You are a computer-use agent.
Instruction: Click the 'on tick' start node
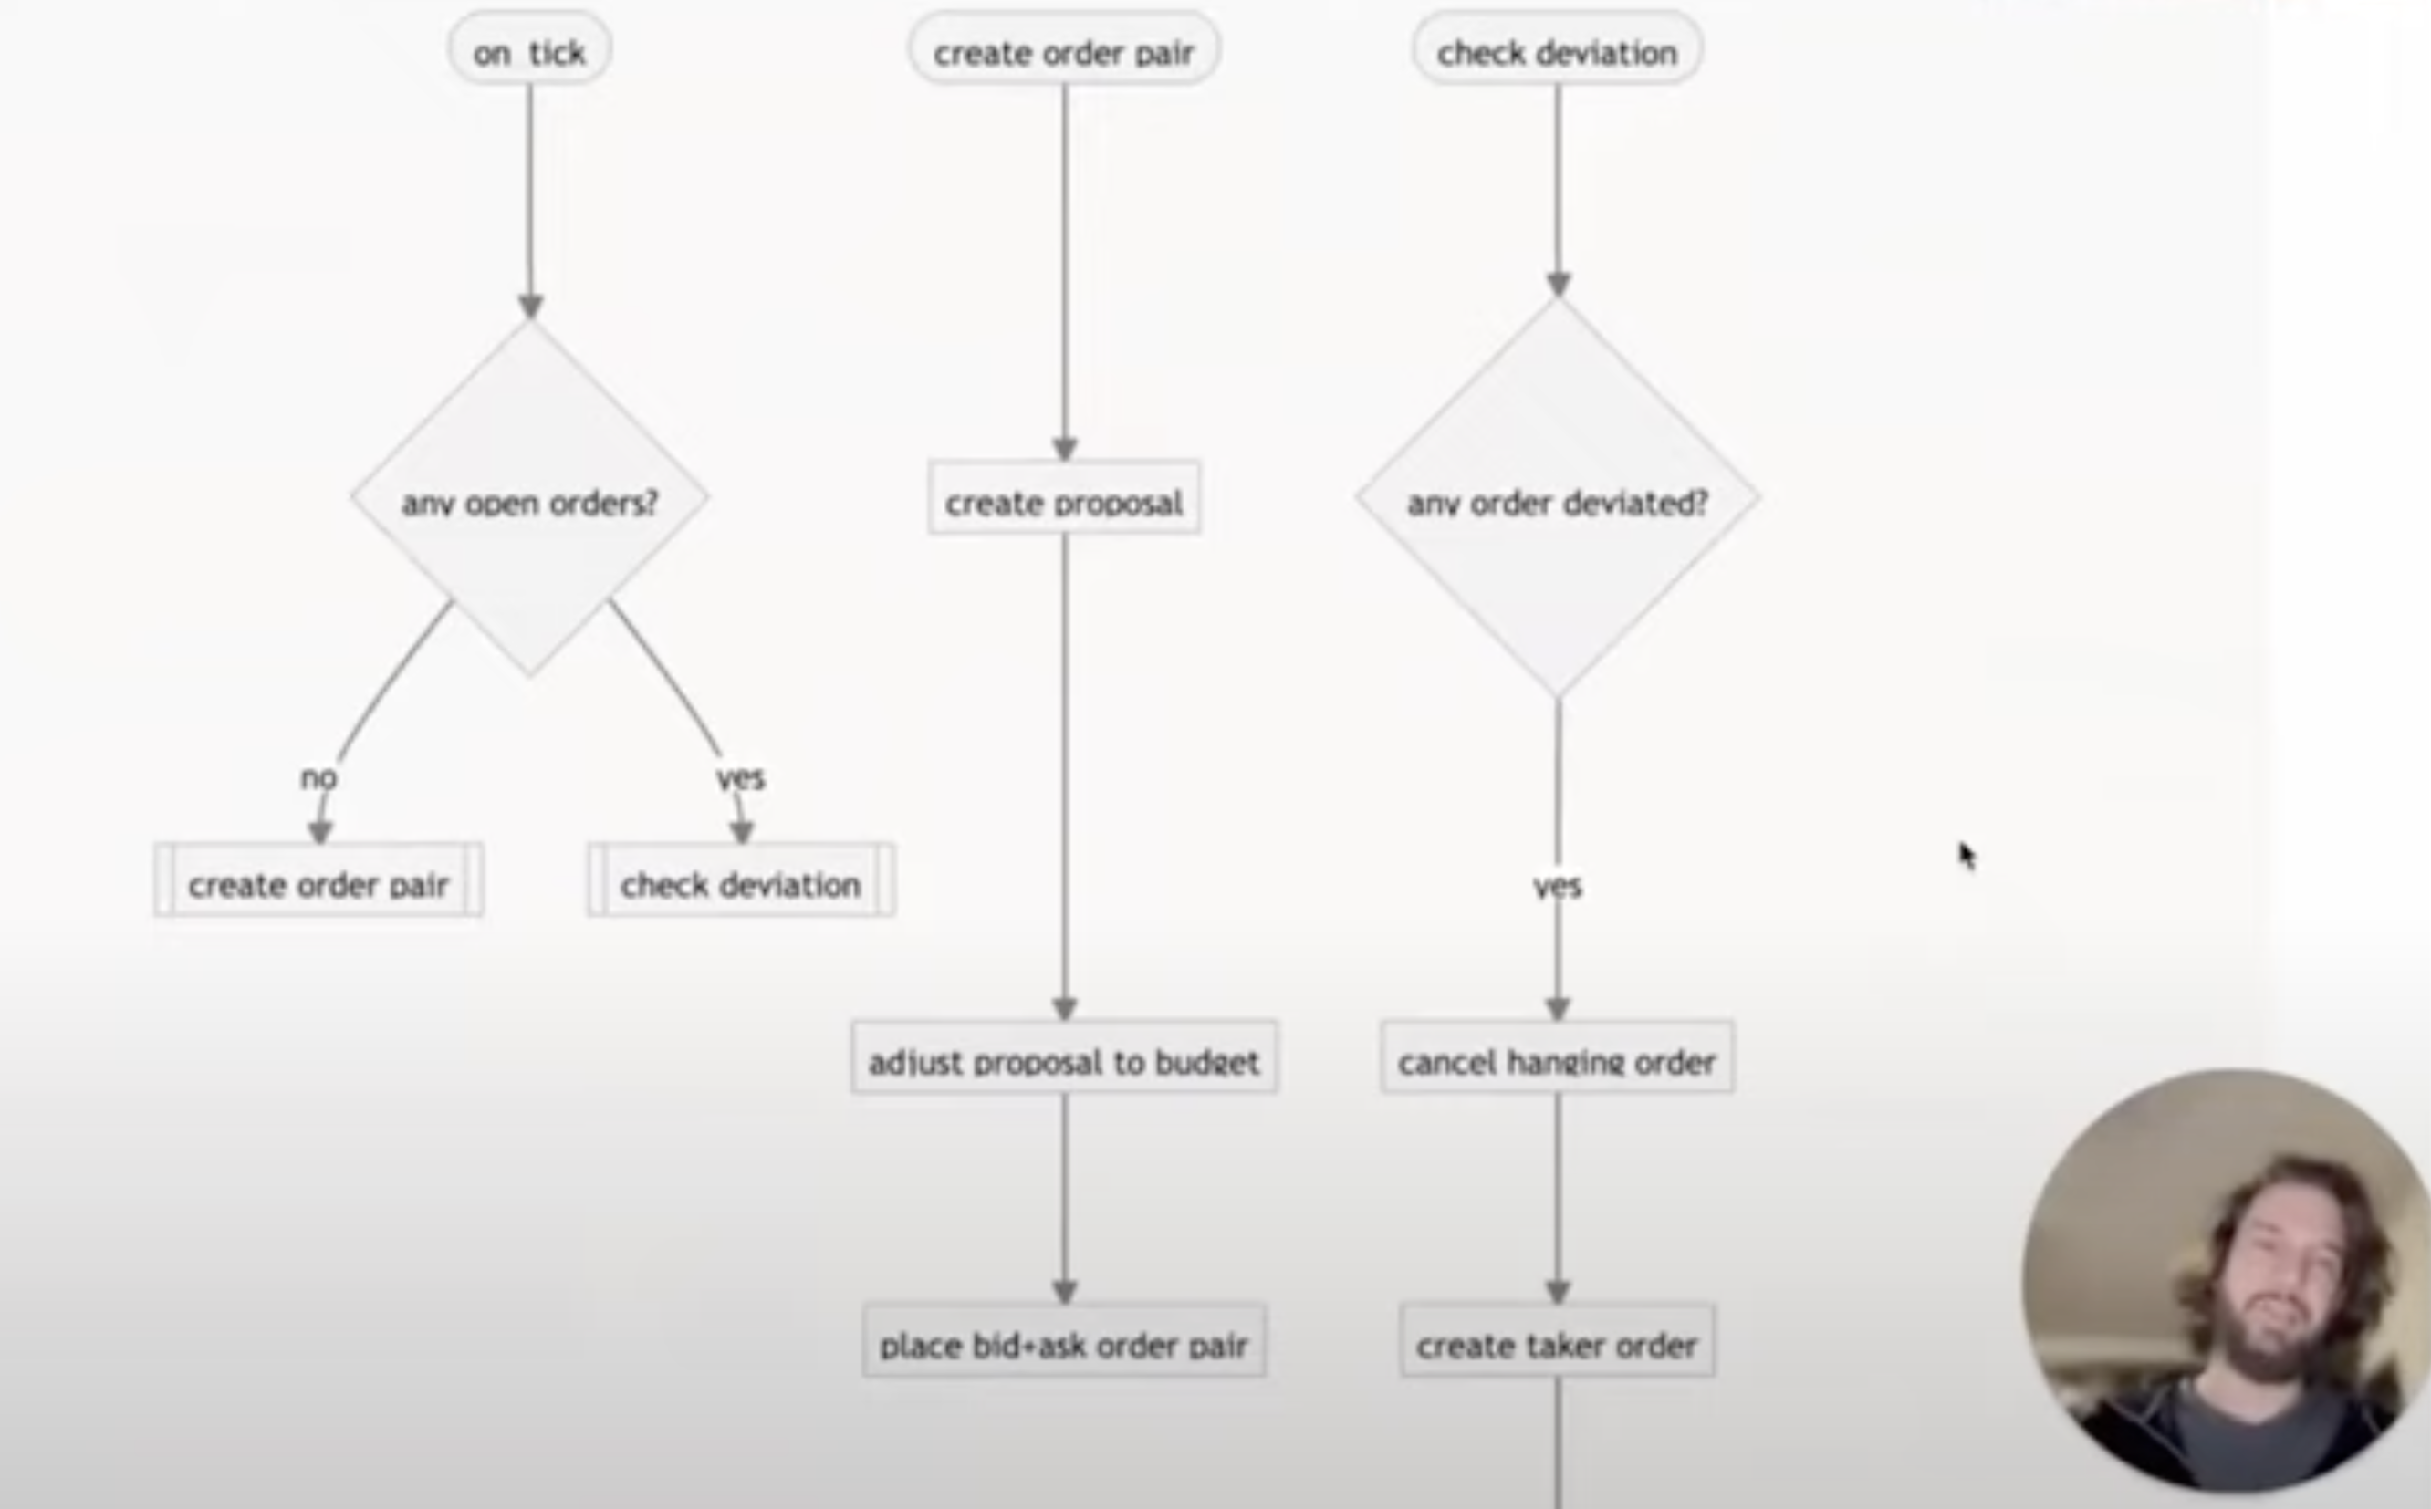tap(530, 49)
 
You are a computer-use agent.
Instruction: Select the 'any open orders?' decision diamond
tap(530, 498)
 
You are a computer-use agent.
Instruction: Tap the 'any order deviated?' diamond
tap(1558, 498)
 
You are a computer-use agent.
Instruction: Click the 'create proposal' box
tap(1065, 498)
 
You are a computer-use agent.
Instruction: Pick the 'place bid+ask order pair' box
tap(1065, 1341)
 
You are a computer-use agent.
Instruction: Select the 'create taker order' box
tap(1558, 1341)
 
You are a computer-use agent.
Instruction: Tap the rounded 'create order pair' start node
tap(1065, 49)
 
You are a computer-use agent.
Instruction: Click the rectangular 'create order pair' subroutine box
tap(319, 880)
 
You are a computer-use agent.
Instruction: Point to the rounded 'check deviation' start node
tap(1558, 49)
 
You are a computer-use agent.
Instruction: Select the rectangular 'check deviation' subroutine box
tap(742, 880)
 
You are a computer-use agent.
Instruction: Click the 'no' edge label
tap(319, 777)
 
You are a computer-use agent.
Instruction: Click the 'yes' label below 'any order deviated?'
tap(1558, 886)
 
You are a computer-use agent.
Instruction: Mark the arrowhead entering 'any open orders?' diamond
tap(531, 307)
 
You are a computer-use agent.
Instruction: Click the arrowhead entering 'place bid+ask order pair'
tap(1065, 1293)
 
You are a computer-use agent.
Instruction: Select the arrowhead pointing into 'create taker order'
tap(1558, 1293)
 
